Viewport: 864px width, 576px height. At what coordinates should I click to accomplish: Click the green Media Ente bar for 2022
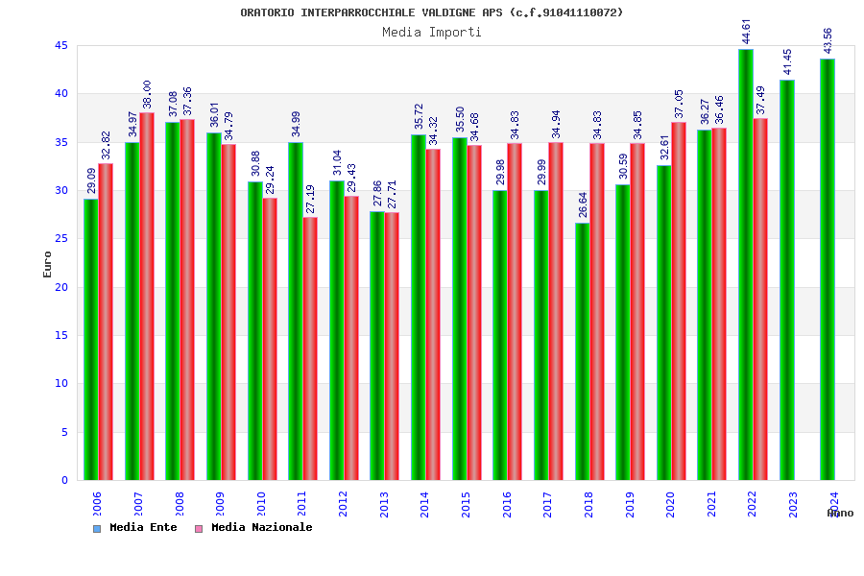tap(745, 265)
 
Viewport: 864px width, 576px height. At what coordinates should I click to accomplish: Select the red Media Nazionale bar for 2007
tap(147, 297)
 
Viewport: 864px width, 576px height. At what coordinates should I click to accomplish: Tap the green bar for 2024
tap(828, 270)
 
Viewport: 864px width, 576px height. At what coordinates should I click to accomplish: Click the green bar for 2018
tap(582, 351)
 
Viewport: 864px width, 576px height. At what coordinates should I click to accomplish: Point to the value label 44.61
tap(747, 31)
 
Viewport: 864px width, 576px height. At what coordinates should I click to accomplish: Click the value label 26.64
tap(583, 204)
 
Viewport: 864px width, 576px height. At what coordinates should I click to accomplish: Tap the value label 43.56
tap(828, 40)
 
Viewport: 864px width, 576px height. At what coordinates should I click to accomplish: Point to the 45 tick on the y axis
tap(61, 46)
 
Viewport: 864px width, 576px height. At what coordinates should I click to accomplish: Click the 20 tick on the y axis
tap(61, 287)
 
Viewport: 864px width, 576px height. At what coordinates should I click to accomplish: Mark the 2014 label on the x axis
tap(424, 505)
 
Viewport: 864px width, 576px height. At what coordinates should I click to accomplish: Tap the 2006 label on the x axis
tap(97, 505)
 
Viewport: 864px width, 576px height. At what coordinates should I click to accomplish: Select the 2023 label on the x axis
tap(793, 505)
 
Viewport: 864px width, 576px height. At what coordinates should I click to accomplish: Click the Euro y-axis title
tap(48, 264)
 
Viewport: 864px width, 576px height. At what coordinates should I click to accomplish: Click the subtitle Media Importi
tap(432, 32)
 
